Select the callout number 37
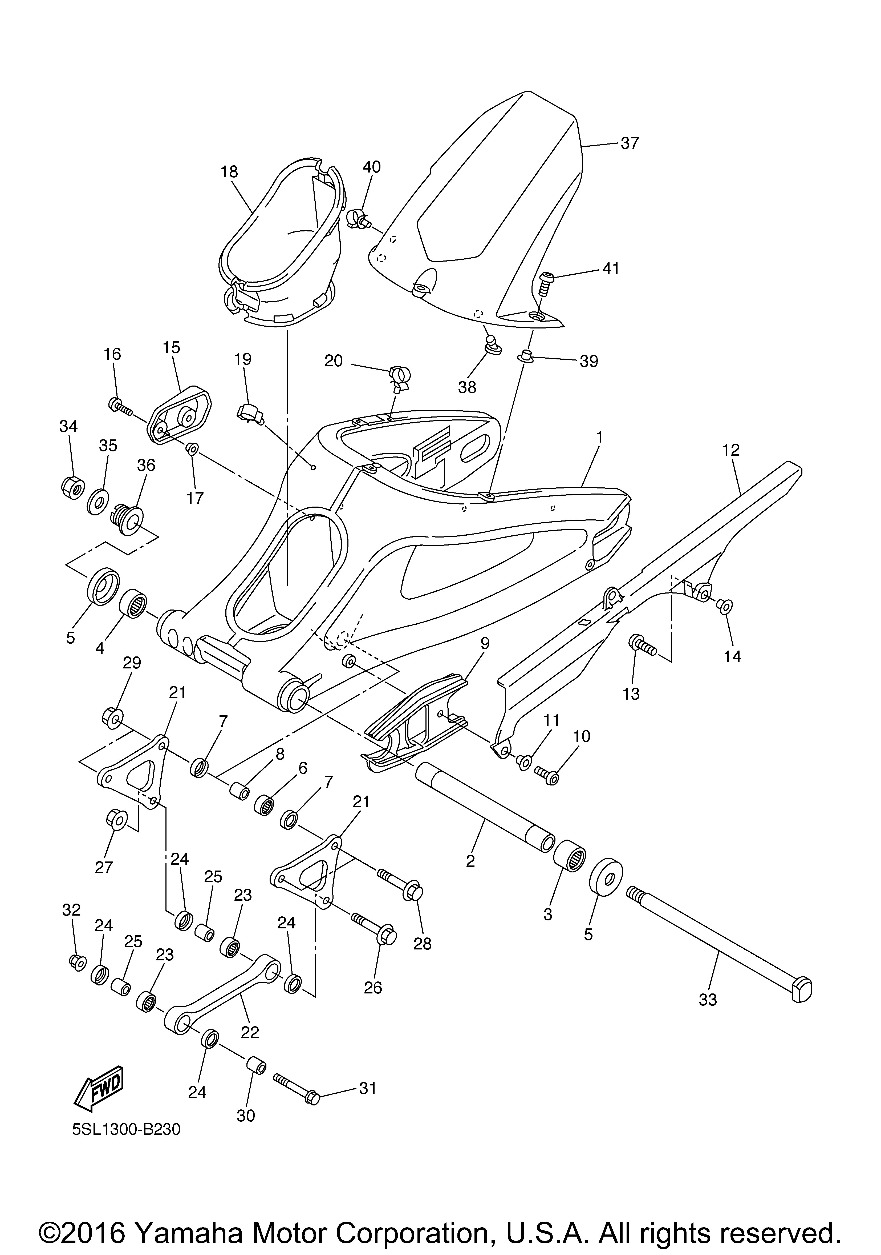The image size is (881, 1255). (x=630, y=143)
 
